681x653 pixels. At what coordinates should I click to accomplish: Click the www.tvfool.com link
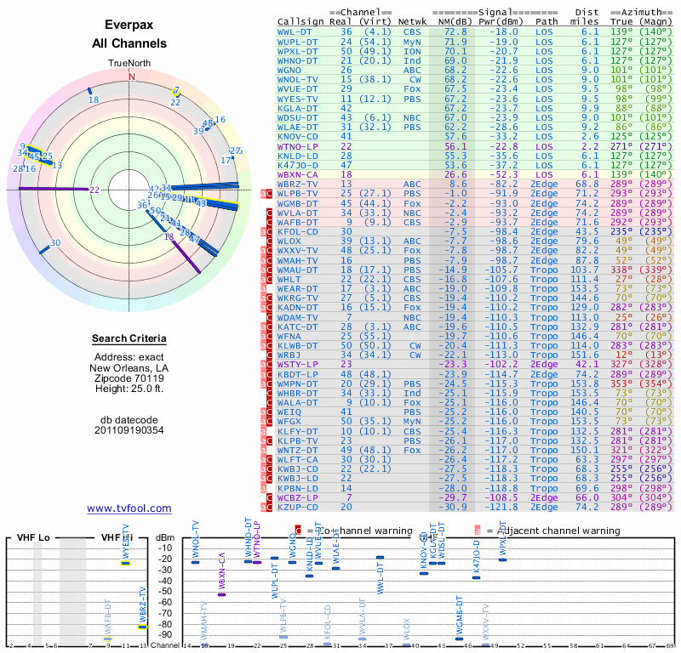point(129,508)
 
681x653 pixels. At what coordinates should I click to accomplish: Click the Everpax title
point(129,25)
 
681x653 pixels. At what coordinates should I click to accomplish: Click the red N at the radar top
point(131,77)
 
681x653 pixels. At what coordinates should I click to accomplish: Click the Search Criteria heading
point(129,339)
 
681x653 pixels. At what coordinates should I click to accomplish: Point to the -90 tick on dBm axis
point(164,634)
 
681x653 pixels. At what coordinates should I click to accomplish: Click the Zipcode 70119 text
point(129,378)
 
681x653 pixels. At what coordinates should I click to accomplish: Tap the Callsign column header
point(301,22)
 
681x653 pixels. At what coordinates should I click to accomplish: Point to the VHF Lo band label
point(34,538)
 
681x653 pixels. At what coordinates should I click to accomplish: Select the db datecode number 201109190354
point(129,430)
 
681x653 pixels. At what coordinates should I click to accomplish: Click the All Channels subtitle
point(129,43)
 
